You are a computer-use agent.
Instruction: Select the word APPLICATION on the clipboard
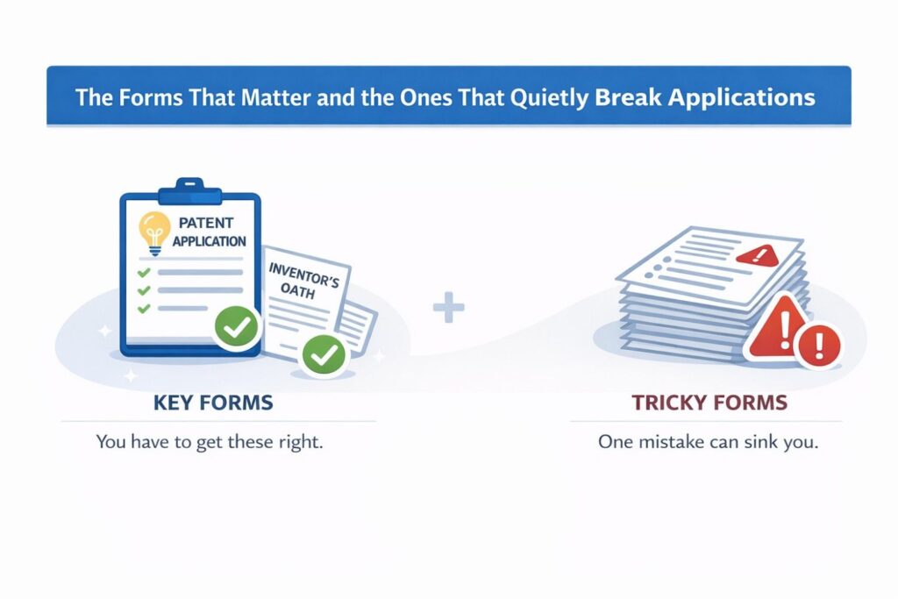coord(209,240)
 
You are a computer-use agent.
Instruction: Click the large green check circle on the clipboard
coord(237,328)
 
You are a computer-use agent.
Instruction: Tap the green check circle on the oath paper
coord(324,355)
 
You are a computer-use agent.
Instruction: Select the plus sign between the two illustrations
coord(449,309)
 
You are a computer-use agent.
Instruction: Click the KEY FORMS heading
coord(213,403)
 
